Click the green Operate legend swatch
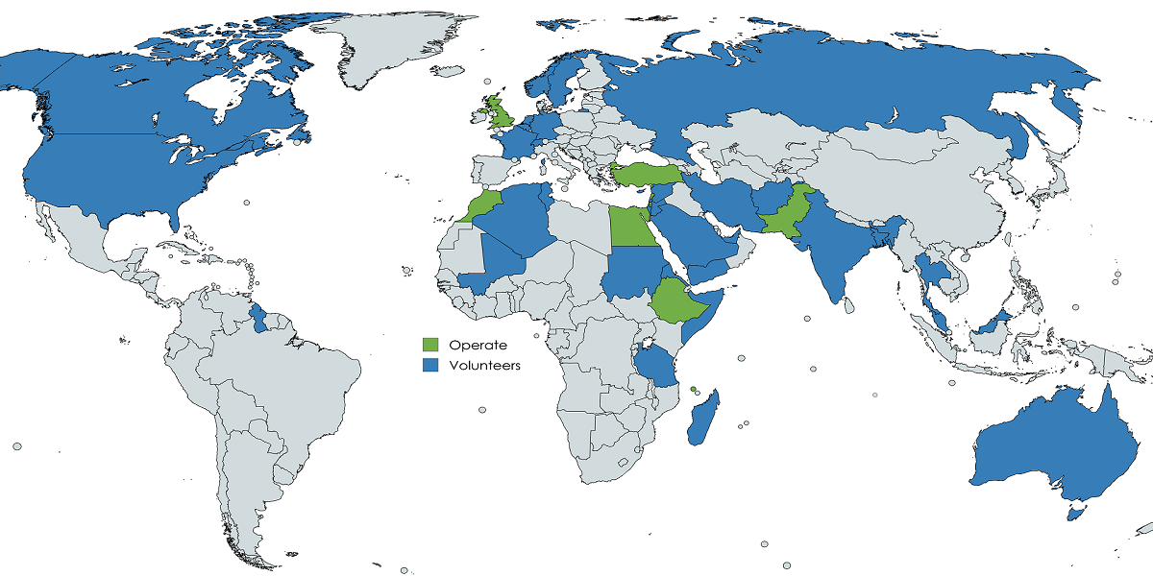(x=431, y=345)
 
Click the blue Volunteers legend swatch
(x=431, y=365)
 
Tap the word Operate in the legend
(x=478, y=345)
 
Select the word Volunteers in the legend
(x=484, y=365)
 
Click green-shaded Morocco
(x=485, y=204)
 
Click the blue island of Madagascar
(x=703, y=422)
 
